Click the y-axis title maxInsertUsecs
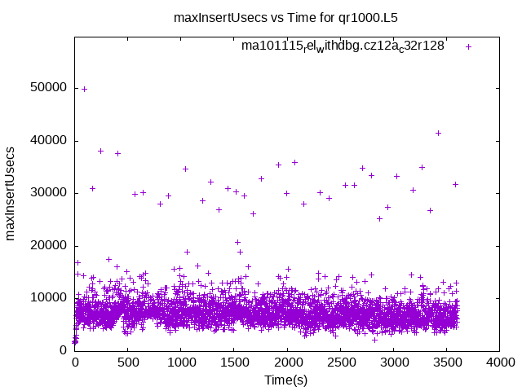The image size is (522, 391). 11,193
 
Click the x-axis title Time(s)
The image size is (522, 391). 285,380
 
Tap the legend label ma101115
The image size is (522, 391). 343,46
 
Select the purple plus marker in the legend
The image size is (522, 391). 468,46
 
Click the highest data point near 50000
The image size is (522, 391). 84,89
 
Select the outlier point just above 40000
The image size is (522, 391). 438,133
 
